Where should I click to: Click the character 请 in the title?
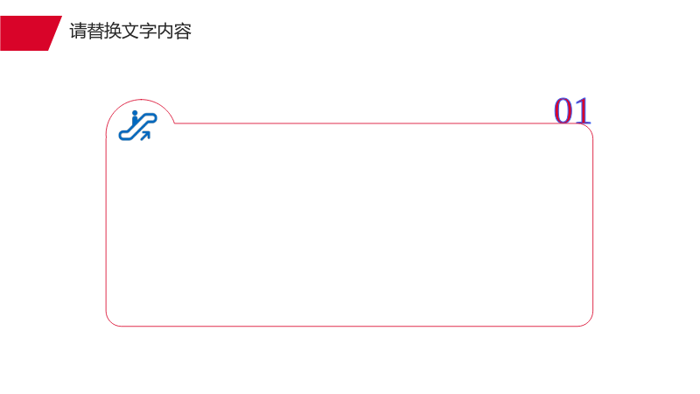pyautogui.click(x=78, y=32)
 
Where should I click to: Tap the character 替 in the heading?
pyautogui.click(x=95, y=32)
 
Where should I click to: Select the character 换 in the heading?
pyautogui.click(x=113, y=32)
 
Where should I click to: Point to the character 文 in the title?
pyautogui.click(x=130, y=32)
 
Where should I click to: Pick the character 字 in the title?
pyautogui.click(x=148, y=32)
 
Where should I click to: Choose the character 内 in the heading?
pyautogui.click(x=165, y=32)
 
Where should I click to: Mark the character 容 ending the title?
pyautogui.click(x=183, y=32)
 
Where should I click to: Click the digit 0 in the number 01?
pyautogui.click(x=563, y=111)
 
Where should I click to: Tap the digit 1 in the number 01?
pyautogui.click(x=583, y=111)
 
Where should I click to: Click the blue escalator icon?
pyautogui.click(x=137, y=125)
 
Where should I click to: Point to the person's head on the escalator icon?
pyautogui.click(x=135, y=113)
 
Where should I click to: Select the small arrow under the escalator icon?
pyautogui.click(x=145, y=136)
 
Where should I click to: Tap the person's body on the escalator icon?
pyautogui.click(x=135, y=121)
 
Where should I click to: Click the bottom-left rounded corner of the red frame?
pyautogui.click(x=110, y=321)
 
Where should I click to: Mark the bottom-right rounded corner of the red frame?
pyautogui.click(x=588, y=321)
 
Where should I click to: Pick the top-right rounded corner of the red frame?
pyautogui.click(x=588, y=128)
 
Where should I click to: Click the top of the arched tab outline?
pyautogui.click(x=141, y=100)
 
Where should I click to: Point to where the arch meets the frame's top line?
pyautogui.click(x=174, y=123)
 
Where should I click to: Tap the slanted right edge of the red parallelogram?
pyautogui.click(x=55, y=33)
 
